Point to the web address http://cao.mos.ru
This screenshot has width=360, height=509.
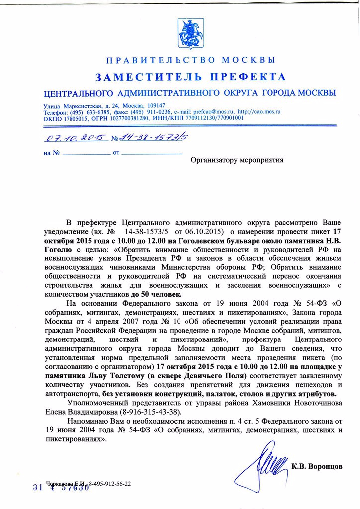[x=259, y=112]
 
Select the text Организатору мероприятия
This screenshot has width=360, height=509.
[x=237, y=160]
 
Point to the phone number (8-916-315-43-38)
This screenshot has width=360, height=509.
[x=151, y=412]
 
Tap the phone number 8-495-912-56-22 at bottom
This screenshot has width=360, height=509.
[x=109, y=483]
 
